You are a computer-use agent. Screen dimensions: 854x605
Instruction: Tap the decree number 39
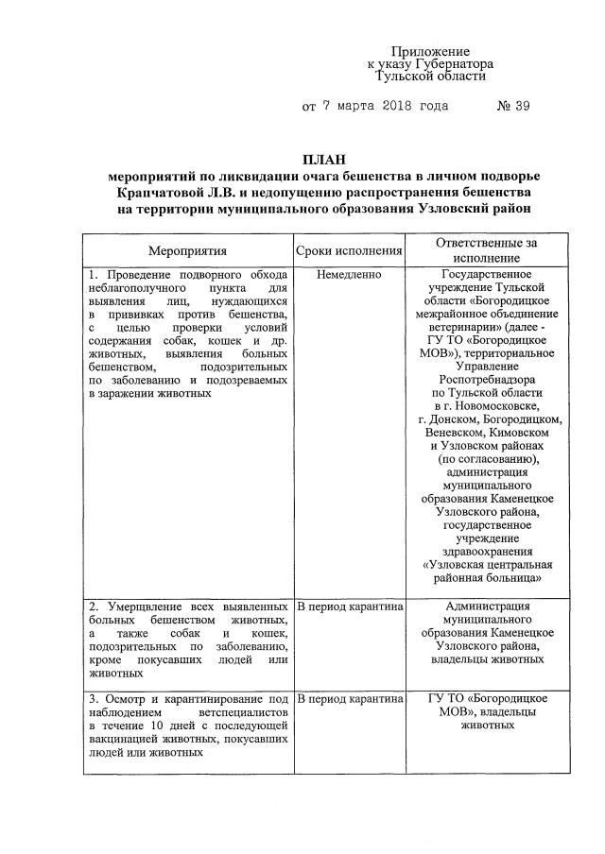(519, 106)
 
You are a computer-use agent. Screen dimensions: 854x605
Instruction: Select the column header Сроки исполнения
(350, 250)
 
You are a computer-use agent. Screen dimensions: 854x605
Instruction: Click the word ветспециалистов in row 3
(243, 711)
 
